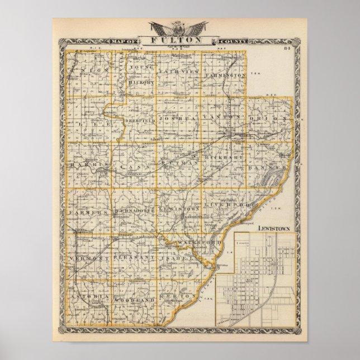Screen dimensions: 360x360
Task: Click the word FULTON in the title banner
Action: [179, 40]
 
